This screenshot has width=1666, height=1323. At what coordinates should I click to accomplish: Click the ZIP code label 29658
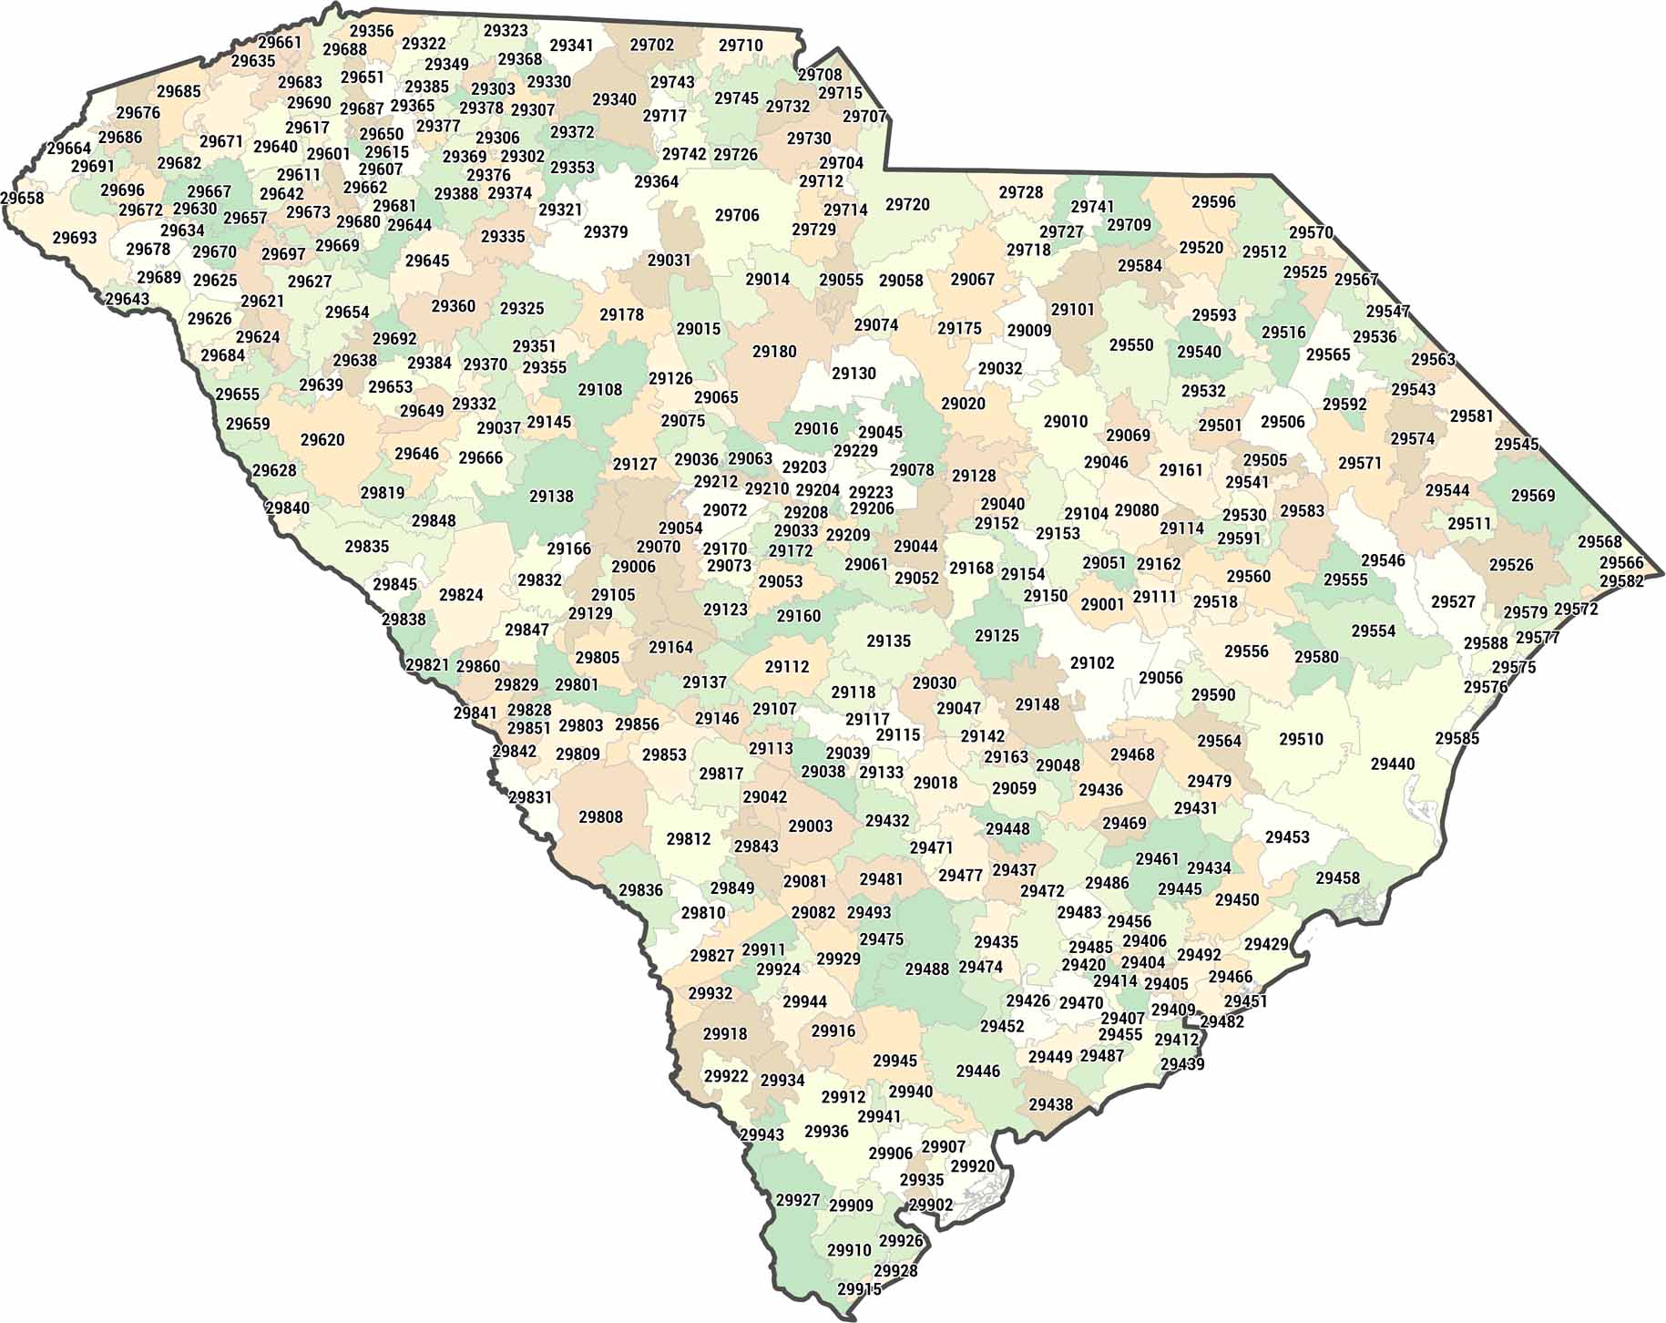click(22, 199)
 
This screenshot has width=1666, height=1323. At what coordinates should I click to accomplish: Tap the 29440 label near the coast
click(1393, 764)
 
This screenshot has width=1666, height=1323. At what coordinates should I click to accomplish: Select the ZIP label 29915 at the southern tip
click(859, 1289)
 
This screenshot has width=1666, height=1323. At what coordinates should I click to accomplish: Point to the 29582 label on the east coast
click(1621, 581)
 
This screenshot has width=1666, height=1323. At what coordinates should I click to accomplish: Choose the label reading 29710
click(741, 46)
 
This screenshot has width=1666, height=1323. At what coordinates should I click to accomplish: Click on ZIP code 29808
click(600, 816)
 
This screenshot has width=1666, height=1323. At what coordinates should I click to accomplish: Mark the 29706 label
click(737, 215)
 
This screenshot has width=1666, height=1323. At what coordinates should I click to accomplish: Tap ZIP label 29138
click(551, 497)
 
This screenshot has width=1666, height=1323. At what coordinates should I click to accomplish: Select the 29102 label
click(1092, 663)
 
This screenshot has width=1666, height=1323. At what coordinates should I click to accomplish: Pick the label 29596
click(1213, 202)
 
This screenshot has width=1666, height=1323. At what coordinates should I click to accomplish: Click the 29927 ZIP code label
click(798, 1200)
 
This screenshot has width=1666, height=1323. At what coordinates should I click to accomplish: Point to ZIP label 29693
click(75, 238)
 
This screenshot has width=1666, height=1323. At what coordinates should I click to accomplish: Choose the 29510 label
click(1301, 739)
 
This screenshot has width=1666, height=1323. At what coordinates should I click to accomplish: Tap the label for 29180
click(774, 352)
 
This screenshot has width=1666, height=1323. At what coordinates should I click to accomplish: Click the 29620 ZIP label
click(322, 440)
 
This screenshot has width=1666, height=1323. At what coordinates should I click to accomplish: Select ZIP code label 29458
click(1337, 878)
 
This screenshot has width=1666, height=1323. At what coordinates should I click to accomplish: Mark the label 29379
click(606, 232)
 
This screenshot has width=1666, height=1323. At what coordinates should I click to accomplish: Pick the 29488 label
click(926, 969)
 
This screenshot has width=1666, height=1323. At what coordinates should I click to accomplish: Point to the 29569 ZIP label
click(1533, 496)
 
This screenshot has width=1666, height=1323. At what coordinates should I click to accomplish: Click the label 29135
click(888, 641)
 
